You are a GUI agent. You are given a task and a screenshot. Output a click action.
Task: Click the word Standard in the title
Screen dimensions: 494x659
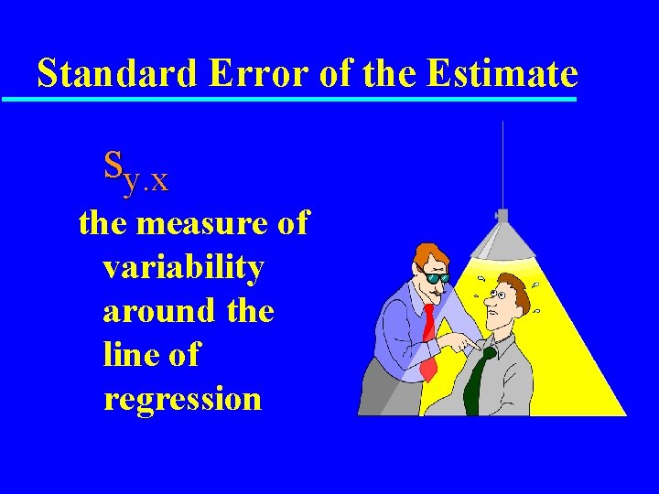(x=117, y=72)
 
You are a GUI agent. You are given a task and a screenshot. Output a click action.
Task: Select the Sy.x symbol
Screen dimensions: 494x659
(x=135, y=171)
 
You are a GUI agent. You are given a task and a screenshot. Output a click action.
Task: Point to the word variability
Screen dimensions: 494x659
(x=183, y=267)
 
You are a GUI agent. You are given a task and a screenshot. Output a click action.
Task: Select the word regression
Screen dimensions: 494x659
(x=182, y=399)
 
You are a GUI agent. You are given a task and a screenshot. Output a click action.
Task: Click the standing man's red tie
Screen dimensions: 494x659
(x=427, y=338)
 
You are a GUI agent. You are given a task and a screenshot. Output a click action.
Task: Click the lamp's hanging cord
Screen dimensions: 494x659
(x=502, y=165)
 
